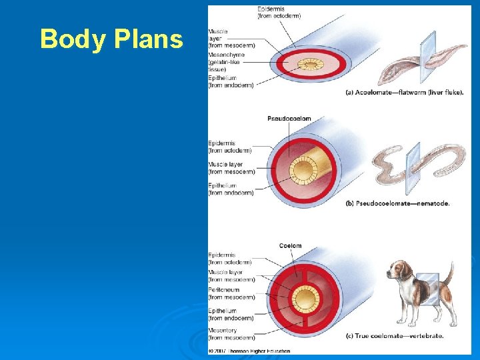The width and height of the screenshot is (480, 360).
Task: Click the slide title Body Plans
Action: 111,39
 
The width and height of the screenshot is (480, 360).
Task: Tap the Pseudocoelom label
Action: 289,119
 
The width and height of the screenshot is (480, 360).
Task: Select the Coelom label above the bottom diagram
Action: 290,246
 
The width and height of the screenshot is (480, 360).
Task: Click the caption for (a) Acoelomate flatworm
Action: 404,93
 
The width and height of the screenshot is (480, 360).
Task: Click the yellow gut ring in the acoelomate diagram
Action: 308,65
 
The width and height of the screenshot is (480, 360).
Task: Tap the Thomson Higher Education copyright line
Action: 249,351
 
